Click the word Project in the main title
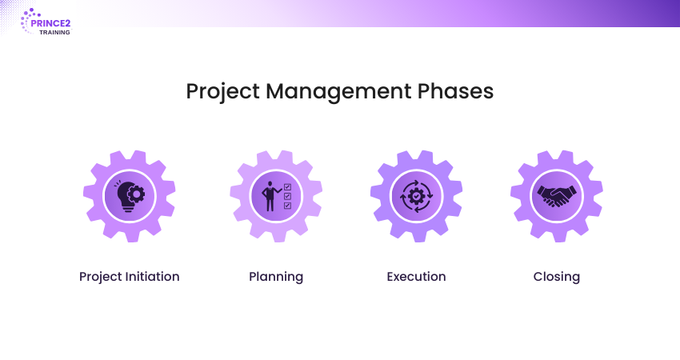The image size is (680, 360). point(223,91)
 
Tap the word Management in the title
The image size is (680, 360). point(338,91)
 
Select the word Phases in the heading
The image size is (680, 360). point(455,91)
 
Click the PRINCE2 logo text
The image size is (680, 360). point(50,23)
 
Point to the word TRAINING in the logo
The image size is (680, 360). point(54,33)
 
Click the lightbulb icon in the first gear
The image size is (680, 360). point(130,196)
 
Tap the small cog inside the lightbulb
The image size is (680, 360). point(137,194)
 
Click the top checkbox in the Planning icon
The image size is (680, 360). point(287,187)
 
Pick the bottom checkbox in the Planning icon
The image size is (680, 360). point(287,205)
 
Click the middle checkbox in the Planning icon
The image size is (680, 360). point(287,196)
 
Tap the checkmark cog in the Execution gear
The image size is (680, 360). point(416,196)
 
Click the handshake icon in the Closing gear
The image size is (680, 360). point(557,196)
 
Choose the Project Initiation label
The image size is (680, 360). point(130,277)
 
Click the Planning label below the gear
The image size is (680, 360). point(276,277)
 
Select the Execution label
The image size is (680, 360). point(416,277)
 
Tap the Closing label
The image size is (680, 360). point(557,277)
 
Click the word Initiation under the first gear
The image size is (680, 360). point(152,276)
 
